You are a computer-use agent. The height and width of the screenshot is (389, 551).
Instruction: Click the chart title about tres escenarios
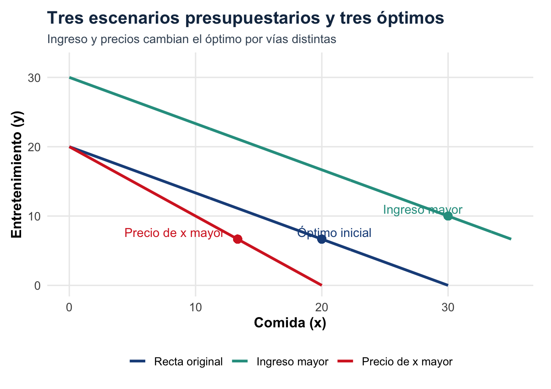point(245,19)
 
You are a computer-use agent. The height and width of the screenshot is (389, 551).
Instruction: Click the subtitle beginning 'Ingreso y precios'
point(192,39)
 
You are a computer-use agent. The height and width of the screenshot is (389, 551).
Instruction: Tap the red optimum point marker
point(238,239)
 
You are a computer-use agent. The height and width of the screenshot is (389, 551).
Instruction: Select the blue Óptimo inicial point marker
point(322,239)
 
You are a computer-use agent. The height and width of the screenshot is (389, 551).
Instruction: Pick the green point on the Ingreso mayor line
point(448,216)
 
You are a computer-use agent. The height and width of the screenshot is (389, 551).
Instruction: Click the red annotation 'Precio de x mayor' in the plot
point(174,233)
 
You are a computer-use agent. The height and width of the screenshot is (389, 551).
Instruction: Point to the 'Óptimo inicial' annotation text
point(334,233)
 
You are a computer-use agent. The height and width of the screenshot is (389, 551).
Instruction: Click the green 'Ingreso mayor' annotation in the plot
point(423,210)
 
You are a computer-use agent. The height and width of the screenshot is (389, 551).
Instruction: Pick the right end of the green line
point(511,239)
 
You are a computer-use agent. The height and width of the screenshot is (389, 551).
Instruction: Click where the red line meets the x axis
point(322,285)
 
